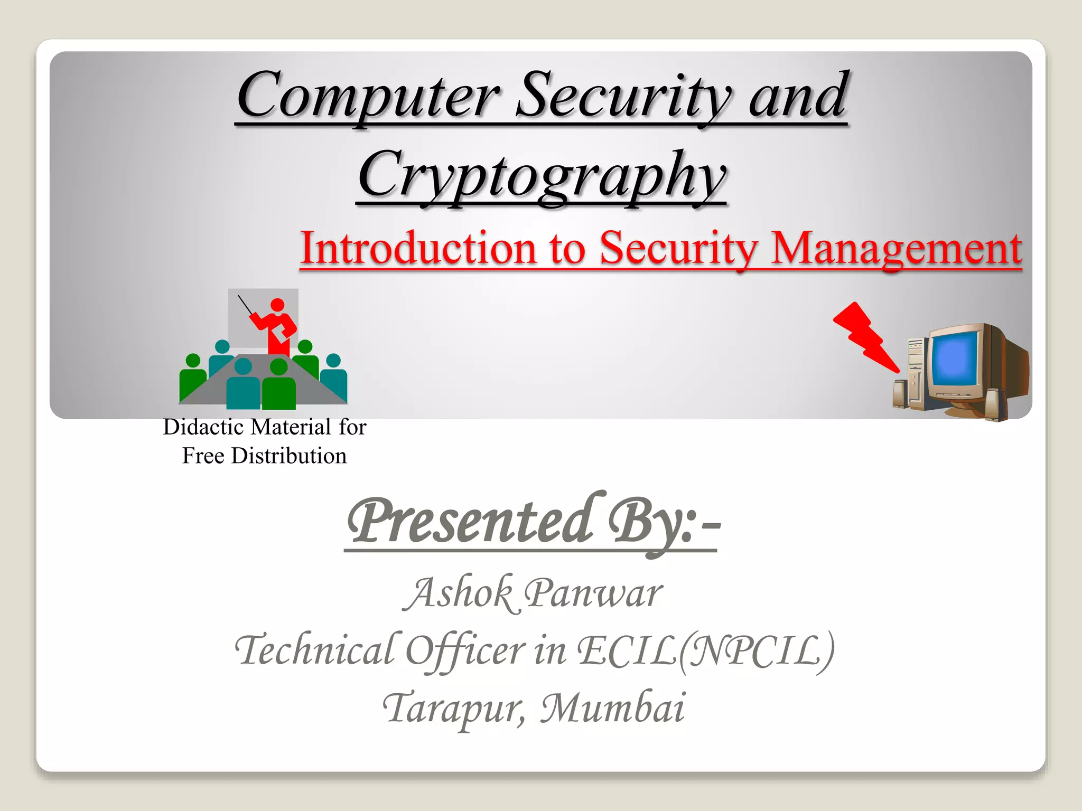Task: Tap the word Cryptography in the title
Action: pyautogui.click(x=541, y=175)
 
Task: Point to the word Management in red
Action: pyautogui.click(x=896, y=248)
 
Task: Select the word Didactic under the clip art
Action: pyautogui.click(x=203, y=427)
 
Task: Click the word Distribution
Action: pyautogui.click(x=288, y=456)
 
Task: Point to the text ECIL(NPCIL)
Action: pyautogui.click(x=705, y=650)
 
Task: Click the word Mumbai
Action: pyautogui.click(x=613, y=708)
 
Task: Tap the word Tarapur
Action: pyautogui.click(x=454, y=708)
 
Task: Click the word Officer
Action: pyautogui.click(x=465, y=650)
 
